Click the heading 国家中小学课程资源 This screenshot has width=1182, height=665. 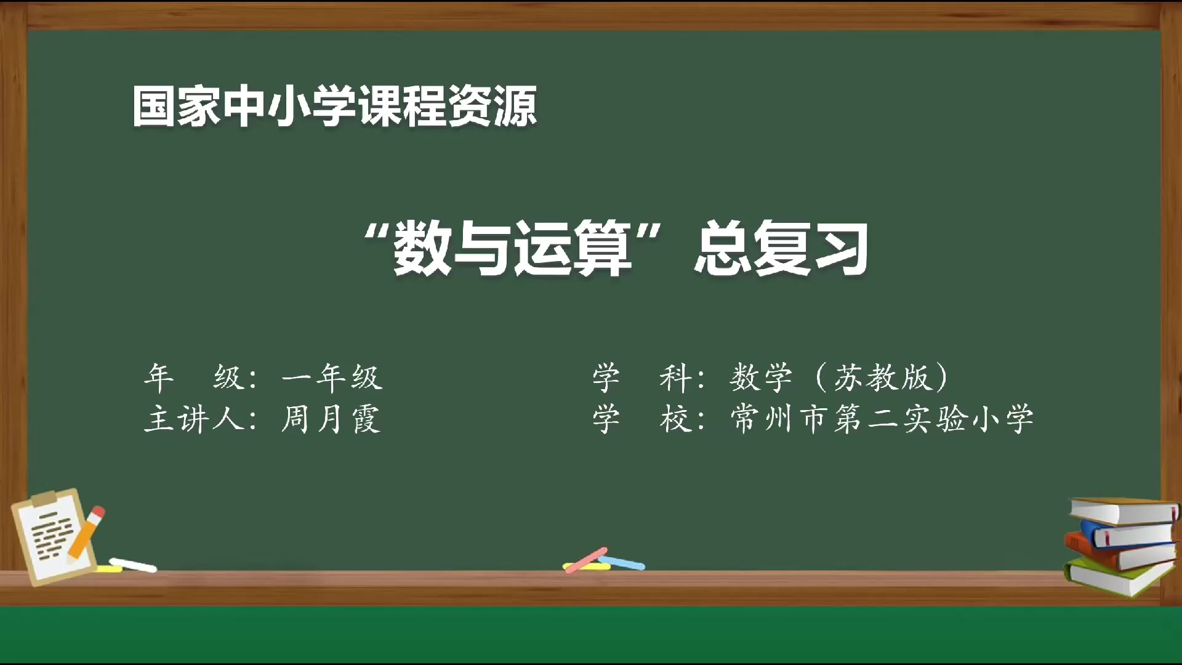[334, 106]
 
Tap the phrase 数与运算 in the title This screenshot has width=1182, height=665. [512, 248]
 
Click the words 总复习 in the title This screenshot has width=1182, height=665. [782, 248]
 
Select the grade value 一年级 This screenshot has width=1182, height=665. [332, 377]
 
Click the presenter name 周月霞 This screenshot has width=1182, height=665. [331, 419]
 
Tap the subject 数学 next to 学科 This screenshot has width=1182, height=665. [761, 377]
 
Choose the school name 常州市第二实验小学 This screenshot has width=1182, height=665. [882, 419]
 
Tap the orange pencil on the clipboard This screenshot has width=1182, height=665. [87, 532]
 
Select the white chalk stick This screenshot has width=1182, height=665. [133, 565]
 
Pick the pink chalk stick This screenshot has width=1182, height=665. [586, 560]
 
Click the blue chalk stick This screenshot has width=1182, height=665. [623, 562]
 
